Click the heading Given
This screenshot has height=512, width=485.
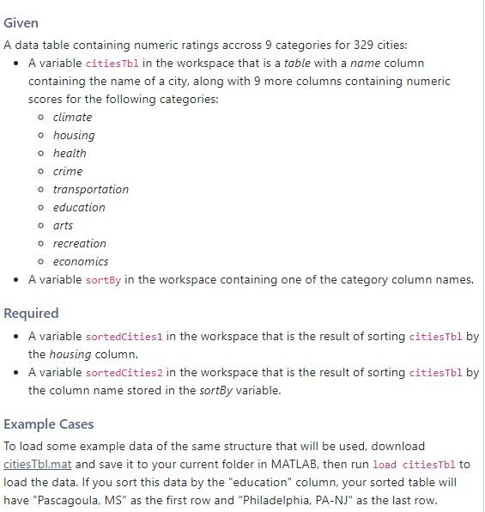(x=21, y=23)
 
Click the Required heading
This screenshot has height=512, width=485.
(x=31, y=314)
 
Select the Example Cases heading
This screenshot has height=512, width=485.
(x=49, y=424)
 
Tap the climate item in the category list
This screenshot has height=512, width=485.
(x=72, y=118)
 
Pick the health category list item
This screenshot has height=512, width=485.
(x=70, y=154)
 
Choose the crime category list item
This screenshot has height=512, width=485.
(x=68, y=172)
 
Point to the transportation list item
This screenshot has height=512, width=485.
(x=90, y=190)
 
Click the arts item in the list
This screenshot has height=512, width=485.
(x=63, y=226)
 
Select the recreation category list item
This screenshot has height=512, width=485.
(x=79, y=244)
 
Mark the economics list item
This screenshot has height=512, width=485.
(x=81, y=262)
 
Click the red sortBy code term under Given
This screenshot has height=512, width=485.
(x=103, y=280)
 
